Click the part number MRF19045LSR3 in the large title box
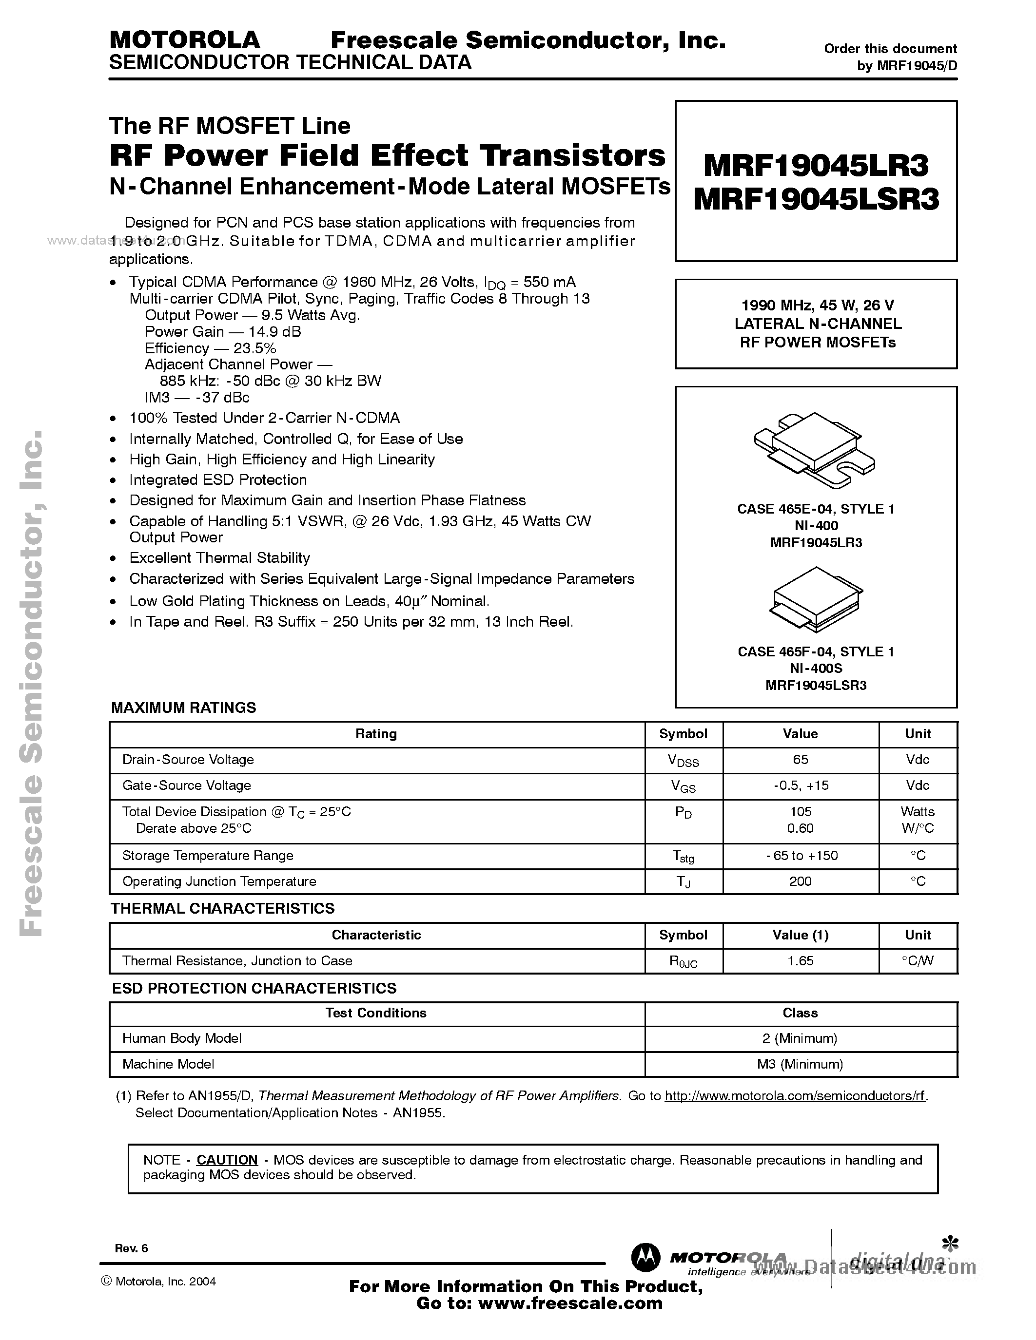[x=816, y=199]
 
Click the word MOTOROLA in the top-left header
[x=184, y=40]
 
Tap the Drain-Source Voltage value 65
[x=801, y=760]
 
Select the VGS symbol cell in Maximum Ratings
[x=683, y=786]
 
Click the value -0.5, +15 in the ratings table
[x=801, y=785]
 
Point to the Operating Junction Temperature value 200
[x=801, y=881]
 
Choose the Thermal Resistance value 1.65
[x=801, y=961]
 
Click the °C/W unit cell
[x=918, y=961]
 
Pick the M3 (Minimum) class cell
[x=801, y=1064]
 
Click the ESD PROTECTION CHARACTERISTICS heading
[x=254, y=988]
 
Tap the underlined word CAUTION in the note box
[x=227, y=1160]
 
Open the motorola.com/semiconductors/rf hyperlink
[x=795, y=1096]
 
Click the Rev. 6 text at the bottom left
[x=131, y=1248]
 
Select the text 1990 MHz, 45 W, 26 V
[x=816, y=306]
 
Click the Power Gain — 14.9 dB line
[x=223, y=332]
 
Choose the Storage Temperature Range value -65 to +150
[x=801, y=855]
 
